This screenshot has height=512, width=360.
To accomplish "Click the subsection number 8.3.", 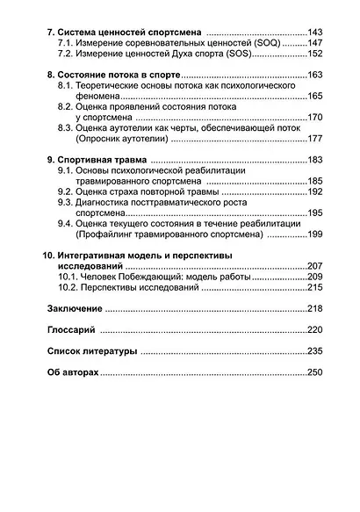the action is (64, 128).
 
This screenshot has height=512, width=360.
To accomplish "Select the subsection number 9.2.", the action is (64, 191).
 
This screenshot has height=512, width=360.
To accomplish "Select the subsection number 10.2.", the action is (67, 287).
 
